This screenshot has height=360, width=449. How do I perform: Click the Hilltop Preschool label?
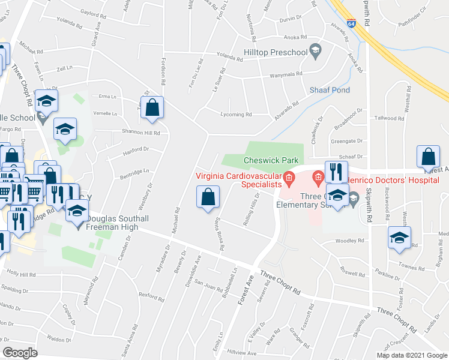pos(276,53)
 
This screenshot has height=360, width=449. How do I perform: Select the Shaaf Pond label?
pos(330,90)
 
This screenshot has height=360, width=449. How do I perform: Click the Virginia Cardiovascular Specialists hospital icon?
pos(289,177)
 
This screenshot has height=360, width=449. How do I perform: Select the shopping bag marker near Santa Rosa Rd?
pos(207,197)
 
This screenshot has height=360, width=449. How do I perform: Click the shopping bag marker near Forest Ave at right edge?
pos(430,158)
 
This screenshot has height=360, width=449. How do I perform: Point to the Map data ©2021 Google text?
pos(411,355)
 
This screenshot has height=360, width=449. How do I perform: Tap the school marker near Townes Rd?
pos(399,237)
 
